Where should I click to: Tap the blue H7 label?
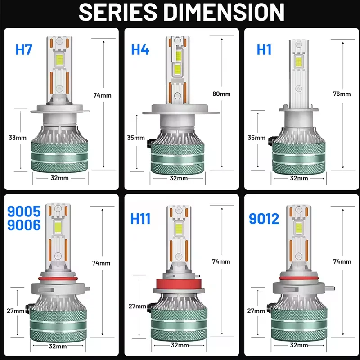click(24, 49)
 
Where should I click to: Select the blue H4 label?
click(140, 49)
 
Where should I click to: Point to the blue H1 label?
click(264, 49)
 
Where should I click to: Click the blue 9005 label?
click(24, 211)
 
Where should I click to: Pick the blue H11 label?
click(140, 219)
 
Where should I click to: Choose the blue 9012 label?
click(264, 219)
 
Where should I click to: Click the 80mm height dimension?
click(221, 94)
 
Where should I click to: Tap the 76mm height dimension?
click(342, 94)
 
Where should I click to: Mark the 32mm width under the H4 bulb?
click(179, 178)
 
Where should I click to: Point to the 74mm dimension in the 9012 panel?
click(342, 261)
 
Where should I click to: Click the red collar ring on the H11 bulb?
click(179, 284)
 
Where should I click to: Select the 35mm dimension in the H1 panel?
click(257, 138)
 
